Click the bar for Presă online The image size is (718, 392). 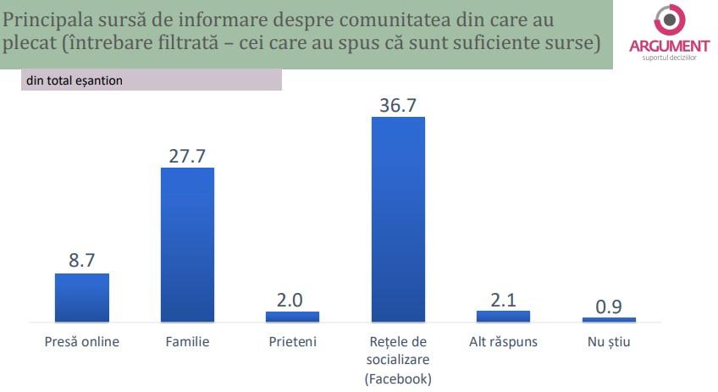82,297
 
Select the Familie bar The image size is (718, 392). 187,245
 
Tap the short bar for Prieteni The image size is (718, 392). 293,317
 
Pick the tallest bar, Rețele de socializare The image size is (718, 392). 398,219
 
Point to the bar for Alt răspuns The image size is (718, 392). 503,317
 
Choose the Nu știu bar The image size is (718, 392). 609,319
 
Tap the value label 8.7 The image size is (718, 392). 82,261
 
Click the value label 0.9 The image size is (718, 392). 609,306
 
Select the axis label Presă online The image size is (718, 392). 82,343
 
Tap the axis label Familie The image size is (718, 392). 187,343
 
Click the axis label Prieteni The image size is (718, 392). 293,343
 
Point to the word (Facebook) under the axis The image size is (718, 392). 398,378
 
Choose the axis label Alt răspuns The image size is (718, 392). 503,343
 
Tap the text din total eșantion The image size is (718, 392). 74,81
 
